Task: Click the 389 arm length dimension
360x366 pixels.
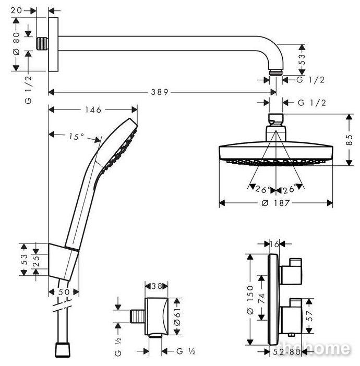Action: tap(160, 92)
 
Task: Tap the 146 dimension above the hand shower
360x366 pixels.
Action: tap(93, 109)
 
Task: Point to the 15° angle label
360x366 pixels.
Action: tap(76, 137)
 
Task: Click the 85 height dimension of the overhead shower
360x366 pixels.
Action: tap(349, 140)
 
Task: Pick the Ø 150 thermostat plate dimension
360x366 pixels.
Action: tap(250, 300)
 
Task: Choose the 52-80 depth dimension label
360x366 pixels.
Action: tap(286, 351)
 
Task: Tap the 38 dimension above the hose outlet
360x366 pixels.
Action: tap(157, 286)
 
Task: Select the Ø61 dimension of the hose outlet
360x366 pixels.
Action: tap(177, 316)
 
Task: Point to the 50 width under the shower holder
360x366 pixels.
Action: tap(64, 292)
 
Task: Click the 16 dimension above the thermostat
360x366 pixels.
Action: tap(275, 244)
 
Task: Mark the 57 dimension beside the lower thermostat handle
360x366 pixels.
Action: tap(309, 315)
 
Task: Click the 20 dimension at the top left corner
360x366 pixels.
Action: tap(16, 10)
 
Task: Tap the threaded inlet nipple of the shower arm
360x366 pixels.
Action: tap(42, 43)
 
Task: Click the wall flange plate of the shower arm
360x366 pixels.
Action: tap(53, 44)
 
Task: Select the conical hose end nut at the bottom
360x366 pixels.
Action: tap(63, 350)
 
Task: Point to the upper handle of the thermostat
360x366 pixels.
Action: tap(291, 272)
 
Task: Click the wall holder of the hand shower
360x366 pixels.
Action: tap(63, 261)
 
